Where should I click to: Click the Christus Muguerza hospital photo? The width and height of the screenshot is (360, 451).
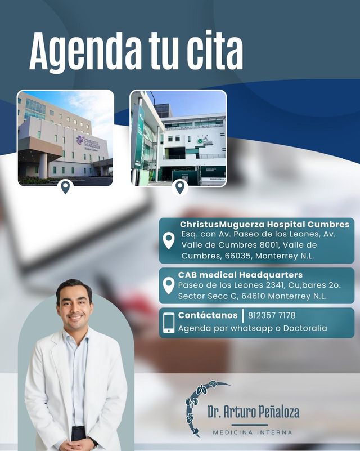click(65, 137)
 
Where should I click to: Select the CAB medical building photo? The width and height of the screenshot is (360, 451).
click(178, 137)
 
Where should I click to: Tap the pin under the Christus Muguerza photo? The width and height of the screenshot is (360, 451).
click(65, 187)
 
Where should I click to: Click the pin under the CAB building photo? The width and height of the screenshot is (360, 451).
click(179, 187)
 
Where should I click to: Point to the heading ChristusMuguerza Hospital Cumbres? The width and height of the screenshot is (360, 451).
click(264, 225)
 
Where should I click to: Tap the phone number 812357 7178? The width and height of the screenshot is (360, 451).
click(272, 315)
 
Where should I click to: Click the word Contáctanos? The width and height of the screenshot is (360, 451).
click(208, 315)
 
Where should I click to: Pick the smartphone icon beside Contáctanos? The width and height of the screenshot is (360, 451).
click(169, 323)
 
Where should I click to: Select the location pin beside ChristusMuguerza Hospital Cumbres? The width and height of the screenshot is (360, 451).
click(169, 240)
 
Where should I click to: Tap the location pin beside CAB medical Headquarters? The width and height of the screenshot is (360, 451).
click(168, 285)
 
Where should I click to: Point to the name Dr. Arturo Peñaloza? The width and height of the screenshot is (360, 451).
click(253, 412)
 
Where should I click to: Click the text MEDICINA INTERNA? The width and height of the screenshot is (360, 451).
click(253, 432)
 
